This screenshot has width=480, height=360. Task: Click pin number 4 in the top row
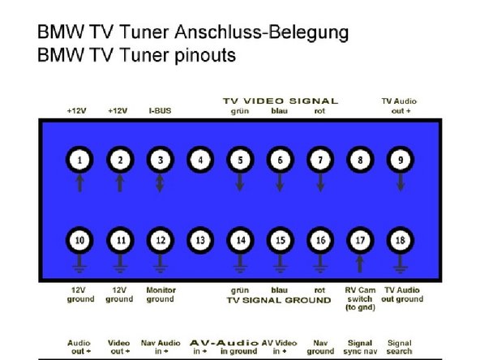click(x=200, y=160)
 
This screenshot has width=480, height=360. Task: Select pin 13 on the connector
click(x=200, y=240)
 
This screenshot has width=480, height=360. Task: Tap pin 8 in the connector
click(x=360, y=160)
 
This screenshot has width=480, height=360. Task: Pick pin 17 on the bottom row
click(x=360, y=240)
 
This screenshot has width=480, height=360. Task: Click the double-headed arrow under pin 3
click(x=160, y=183)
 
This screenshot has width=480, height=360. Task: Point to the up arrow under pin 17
click(x=360, y=264)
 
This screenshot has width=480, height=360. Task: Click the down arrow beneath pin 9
click(x=401, y=182)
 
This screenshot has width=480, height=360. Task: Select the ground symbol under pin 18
click(x=401, y=264)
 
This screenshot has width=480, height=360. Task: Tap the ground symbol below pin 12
click(x=160, y=264)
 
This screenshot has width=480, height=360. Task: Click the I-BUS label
click(x=160, y=111)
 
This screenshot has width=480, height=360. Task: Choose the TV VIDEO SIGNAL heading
click(x=281, y=101)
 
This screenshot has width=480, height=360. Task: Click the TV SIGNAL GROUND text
click(x=279, y=300)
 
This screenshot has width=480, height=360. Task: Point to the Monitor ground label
click(x=161, y=294)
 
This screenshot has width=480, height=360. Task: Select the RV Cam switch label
click(x=360, y=298)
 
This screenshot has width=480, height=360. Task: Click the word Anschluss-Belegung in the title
click(x=262, y=32)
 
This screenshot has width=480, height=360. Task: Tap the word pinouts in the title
click(x=205, y=55)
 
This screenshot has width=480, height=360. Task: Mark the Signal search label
click(x=399, y=347)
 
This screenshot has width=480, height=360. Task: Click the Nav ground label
click(x=320, y=347)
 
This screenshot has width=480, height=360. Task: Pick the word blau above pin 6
click(x=279, y=111)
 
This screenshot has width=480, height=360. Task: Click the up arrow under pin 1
click(x=80, y=183)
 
